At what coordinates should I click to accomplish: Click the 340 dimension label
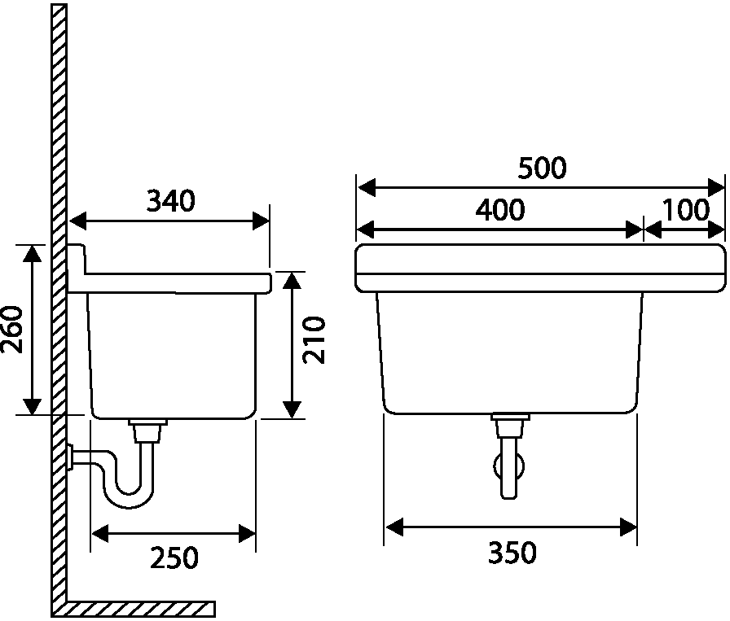click(x=171, y=201)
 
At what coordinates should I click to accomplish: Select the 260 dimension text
click(x=12, y=330)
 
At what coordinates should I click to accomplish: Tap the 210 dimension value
click(x=314, y=340)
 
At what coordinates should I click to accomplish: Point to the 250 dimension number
click(x=174, y=558)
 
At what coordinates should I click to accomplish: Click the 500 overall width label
click(x=543, y=168)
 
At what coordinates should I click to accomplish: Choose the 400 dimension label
click(x=500, y=209)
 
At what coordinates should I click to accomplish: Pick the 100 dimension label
click(x=685, y=210)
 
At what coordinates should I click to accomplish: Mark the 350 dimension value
click(x=512, y=553)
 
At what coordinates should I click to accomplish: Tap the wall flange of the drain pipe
click(x=70, y=457)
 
